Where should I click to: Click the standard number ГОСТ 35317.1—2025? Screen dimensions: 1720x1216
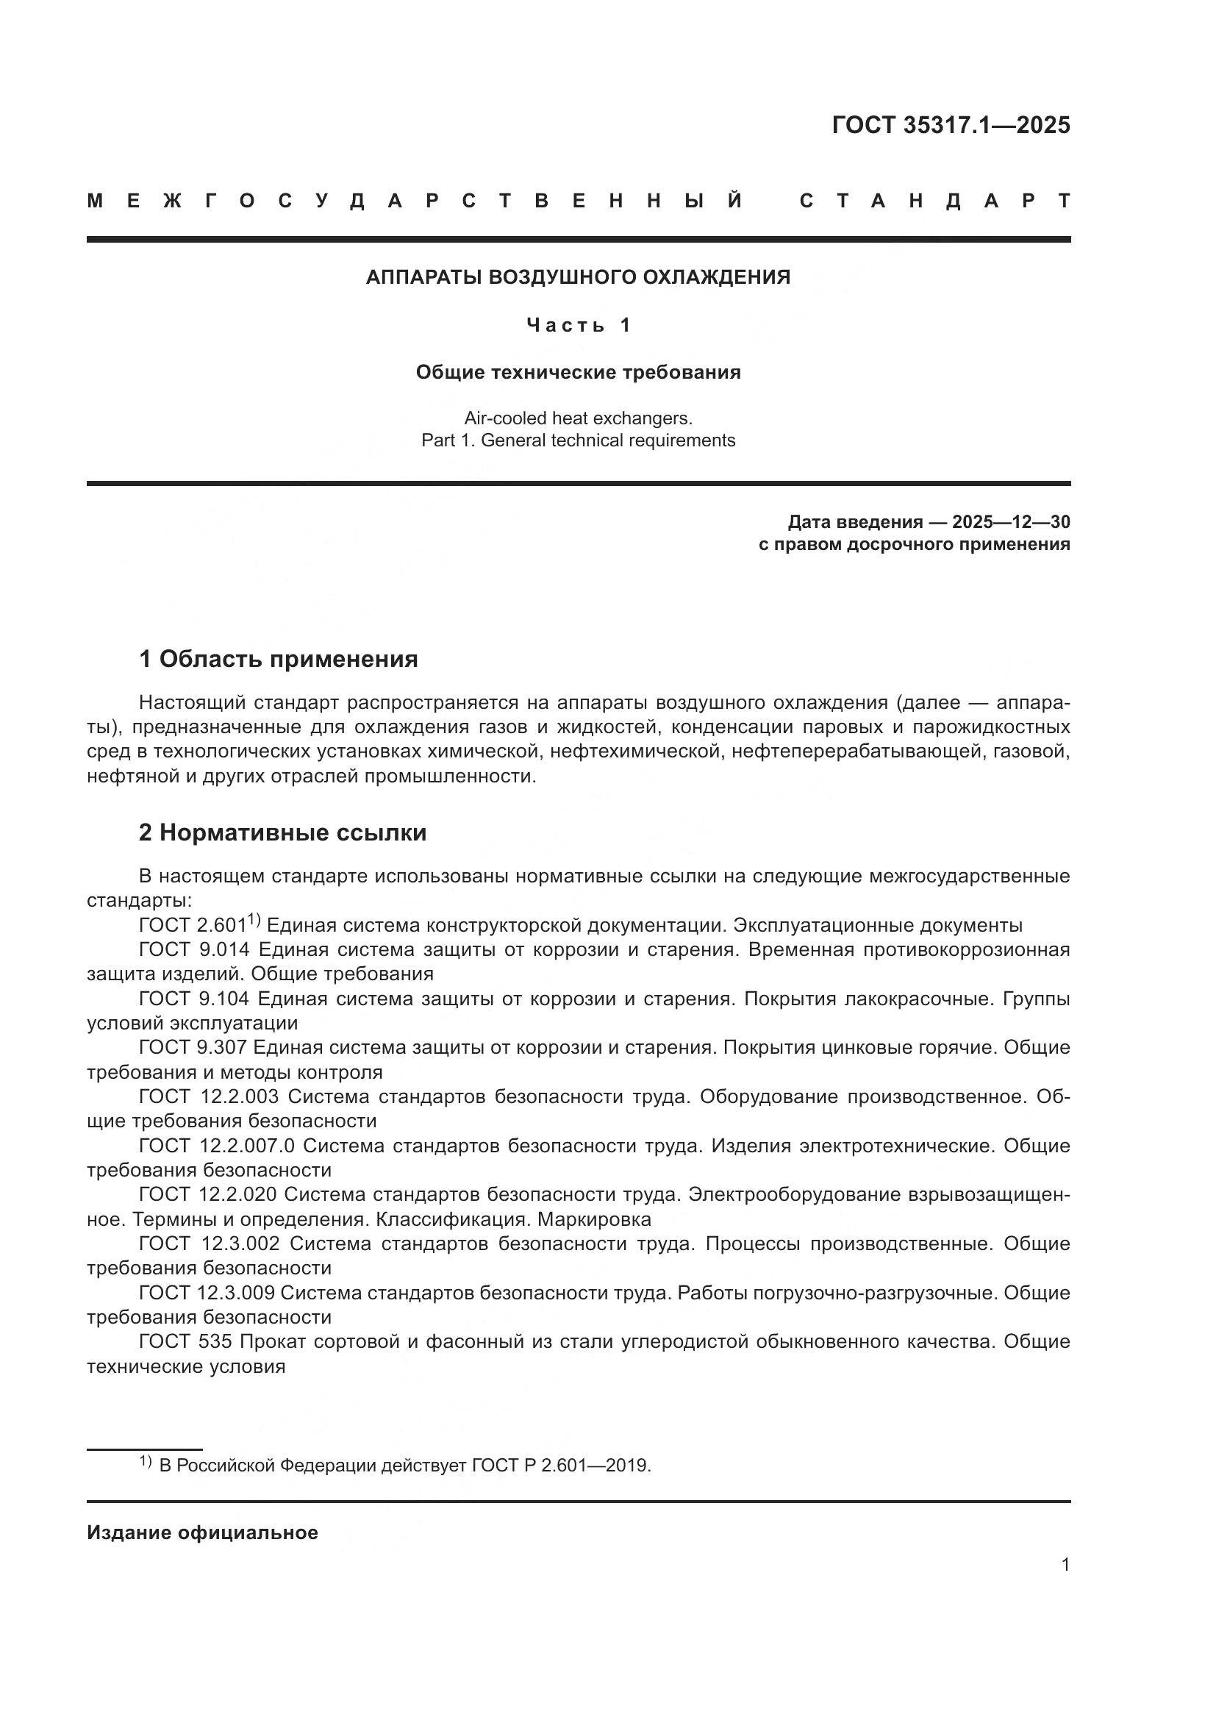[951, 124]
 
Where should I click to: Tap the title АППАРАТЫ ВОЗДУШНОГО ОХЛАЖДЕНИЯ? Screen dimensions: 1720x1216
[578, 277]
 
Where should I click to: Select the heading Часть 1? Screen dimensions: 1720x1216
[578, 325]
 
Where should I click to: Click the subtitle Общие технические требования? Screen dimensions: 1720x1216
[578, 372]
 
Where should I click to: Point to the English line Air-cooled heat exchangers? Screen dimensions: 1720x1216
[578, 417]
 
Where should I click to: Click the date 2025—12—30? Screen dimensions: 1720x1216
[1011, 521]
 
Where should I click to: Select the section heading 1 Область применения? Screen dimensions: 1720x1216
[278, 659]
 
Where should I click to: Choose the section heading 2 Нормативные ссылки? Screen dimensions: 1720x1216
[282, 833]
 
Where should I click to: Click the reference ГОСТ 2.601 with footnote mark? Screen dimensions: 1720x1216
[199, 925]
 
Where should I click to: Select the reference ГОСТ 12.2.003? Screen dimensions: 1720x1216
[208, 1096]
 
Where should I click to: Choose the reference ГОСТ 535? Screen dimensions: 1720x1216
[185, 1341]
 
